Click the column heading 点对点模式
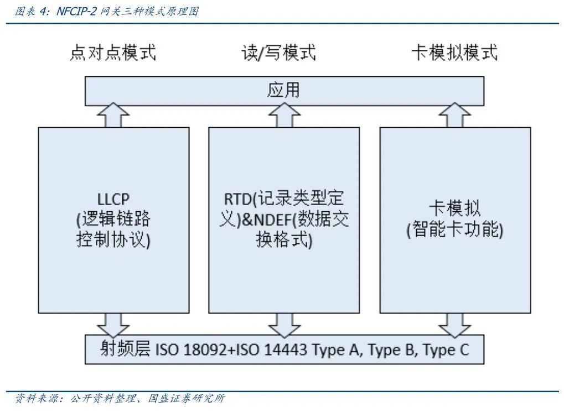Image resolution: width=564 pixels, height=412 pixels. point(113,53)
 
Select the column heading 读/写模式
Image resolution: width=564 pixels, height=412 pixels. point(278,53)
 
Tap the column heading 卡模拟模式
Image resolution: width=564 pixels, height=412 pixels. point(454,53)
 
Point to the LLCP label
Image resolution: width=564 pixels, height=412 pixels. point(113,199)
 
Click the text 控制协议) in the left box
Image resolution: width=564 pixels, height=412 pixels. point(113,241)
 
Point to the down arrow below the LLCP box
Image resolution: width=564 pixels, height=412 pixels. point(113,324)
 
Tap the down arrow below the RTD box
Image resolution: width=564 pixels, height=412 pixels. point(284,324)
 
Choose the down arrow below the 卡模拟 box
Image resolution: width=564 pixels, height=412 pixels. point(454,324)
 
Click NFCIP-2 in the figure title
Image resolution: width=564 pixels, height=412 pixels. point(77,11)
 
